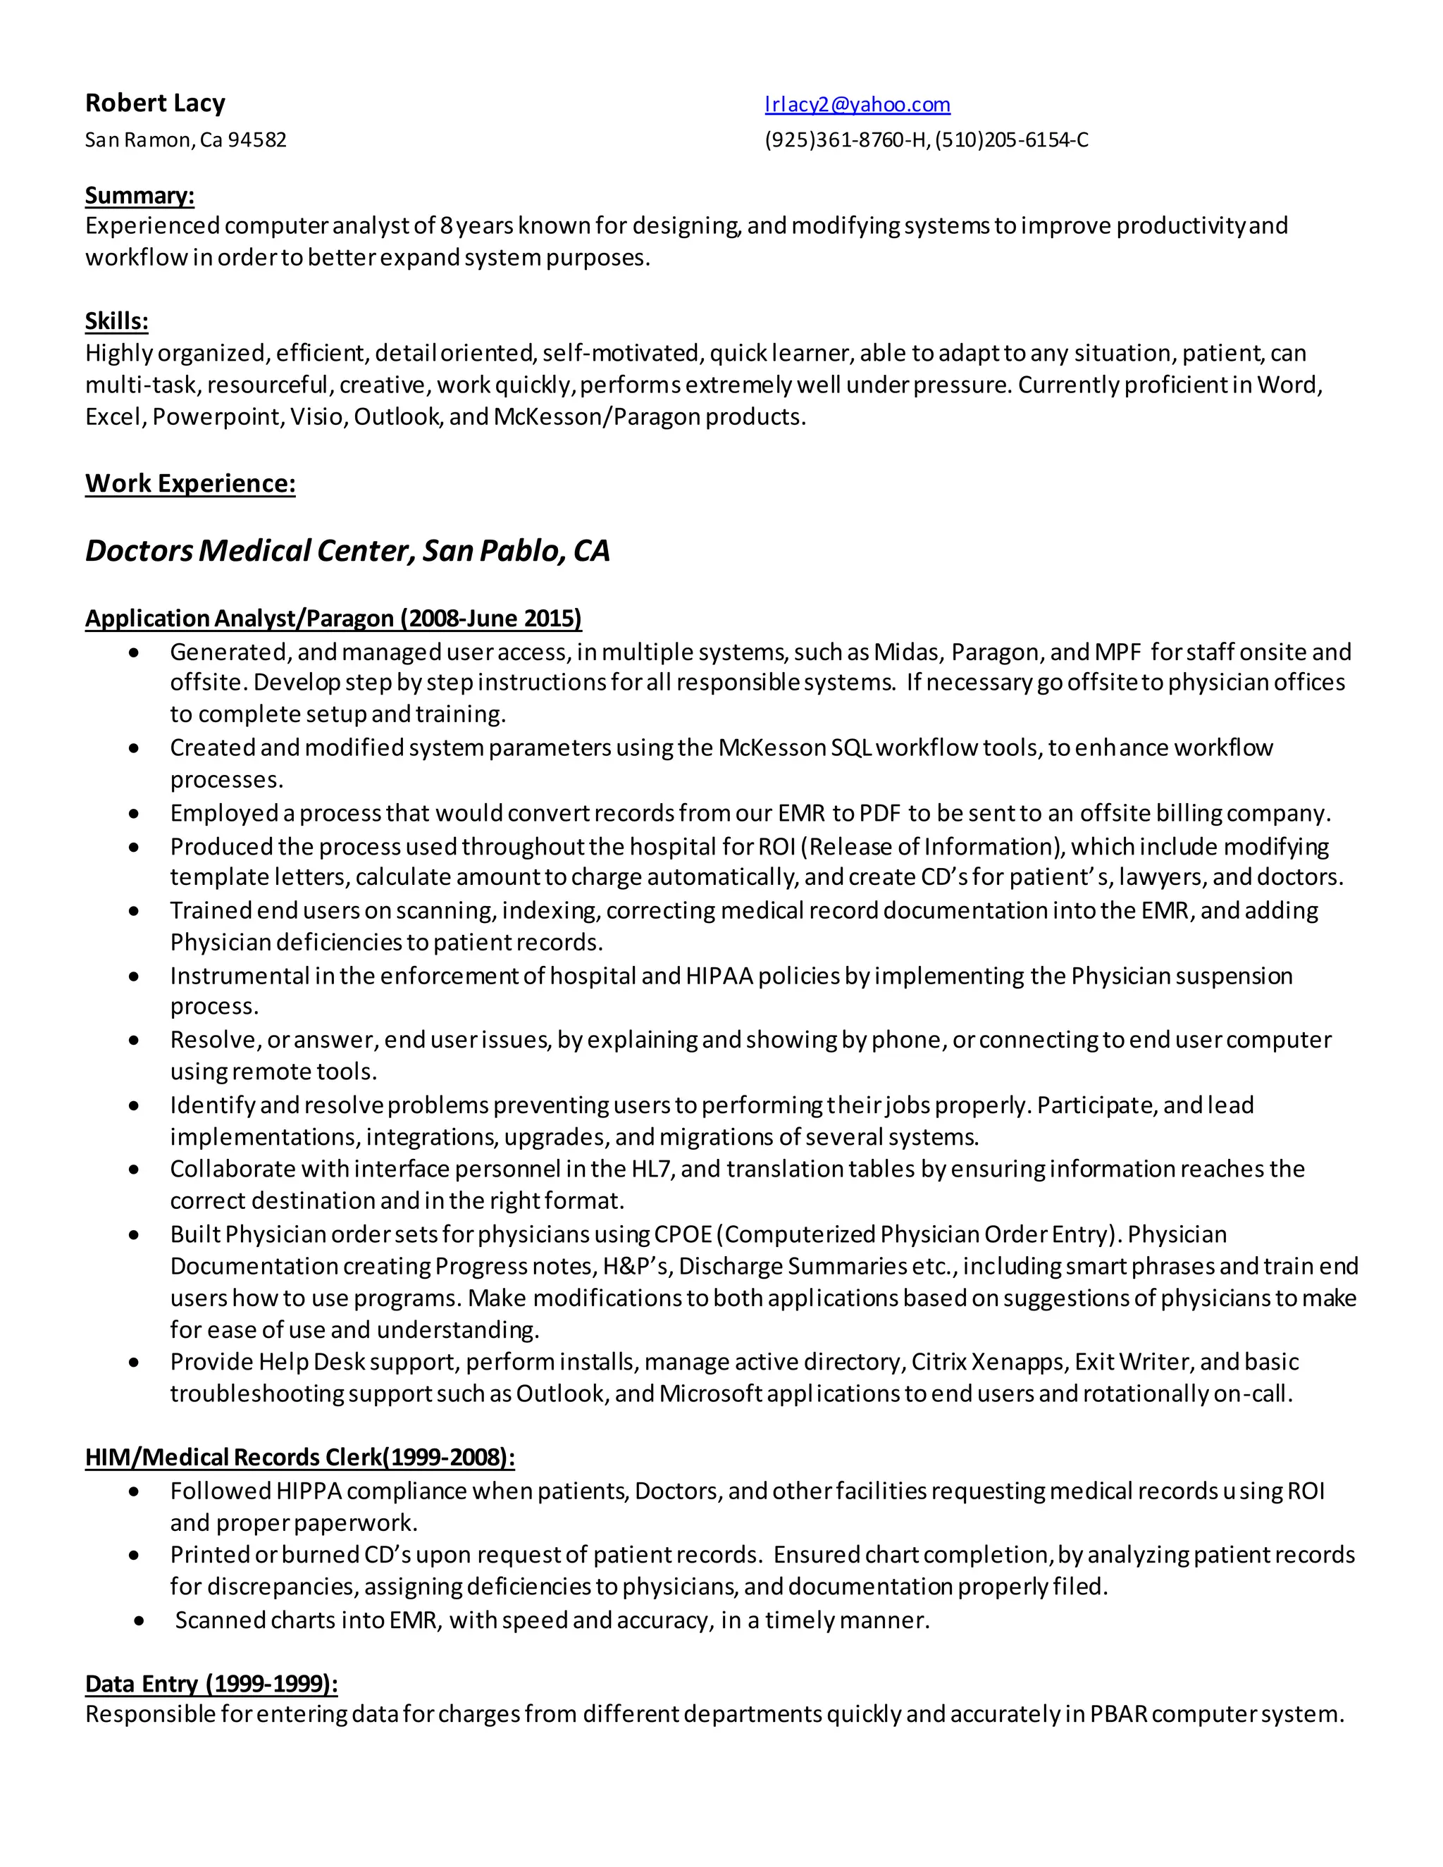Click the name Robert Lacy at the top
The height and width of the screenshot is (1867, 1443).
pyautogui.click(x=155, y=104)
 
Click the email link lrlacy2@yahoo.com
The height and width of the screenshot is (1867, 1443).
pyautogui.click(x=857, y=104)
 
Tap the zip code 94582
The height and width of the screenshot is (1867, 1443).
pyautogui.click(x=256, y=140)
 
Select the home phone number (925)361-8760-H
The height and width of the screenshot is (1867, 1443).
pyautogui.click(x=846, y=140)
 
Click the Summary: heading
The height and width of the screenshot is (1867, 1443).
pyautogui.click(x=140, y=196)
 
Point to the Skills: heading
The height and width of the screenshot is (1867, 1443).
pyautogui.click(x=116, y=321)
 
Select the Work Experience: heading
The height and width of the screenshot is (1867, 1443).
pyautogui.click(x=190, y=484)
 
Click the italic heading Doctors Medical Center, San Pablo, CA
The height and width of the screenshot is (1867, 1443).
pyautogui.click(x=347, y=550)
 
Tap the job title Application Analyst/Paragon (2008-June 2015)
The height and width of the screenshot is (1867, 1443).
pyautogui.click(x=333, y=618)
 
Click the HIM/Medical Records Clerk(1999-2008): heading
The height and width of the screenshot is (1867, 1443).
pyautogui.click(x=299, y=1457)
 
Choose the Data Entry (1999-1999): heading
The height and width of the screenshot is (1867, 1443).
pyautogui.click(x=211, y=1683)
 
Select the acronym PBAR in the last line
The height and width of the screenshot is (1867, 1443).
pyautogui.click(x=1118, y=1714)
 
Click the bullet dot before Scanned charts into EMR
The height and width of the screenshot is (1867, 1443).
pyautogui.click(x=140, y=1621)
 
